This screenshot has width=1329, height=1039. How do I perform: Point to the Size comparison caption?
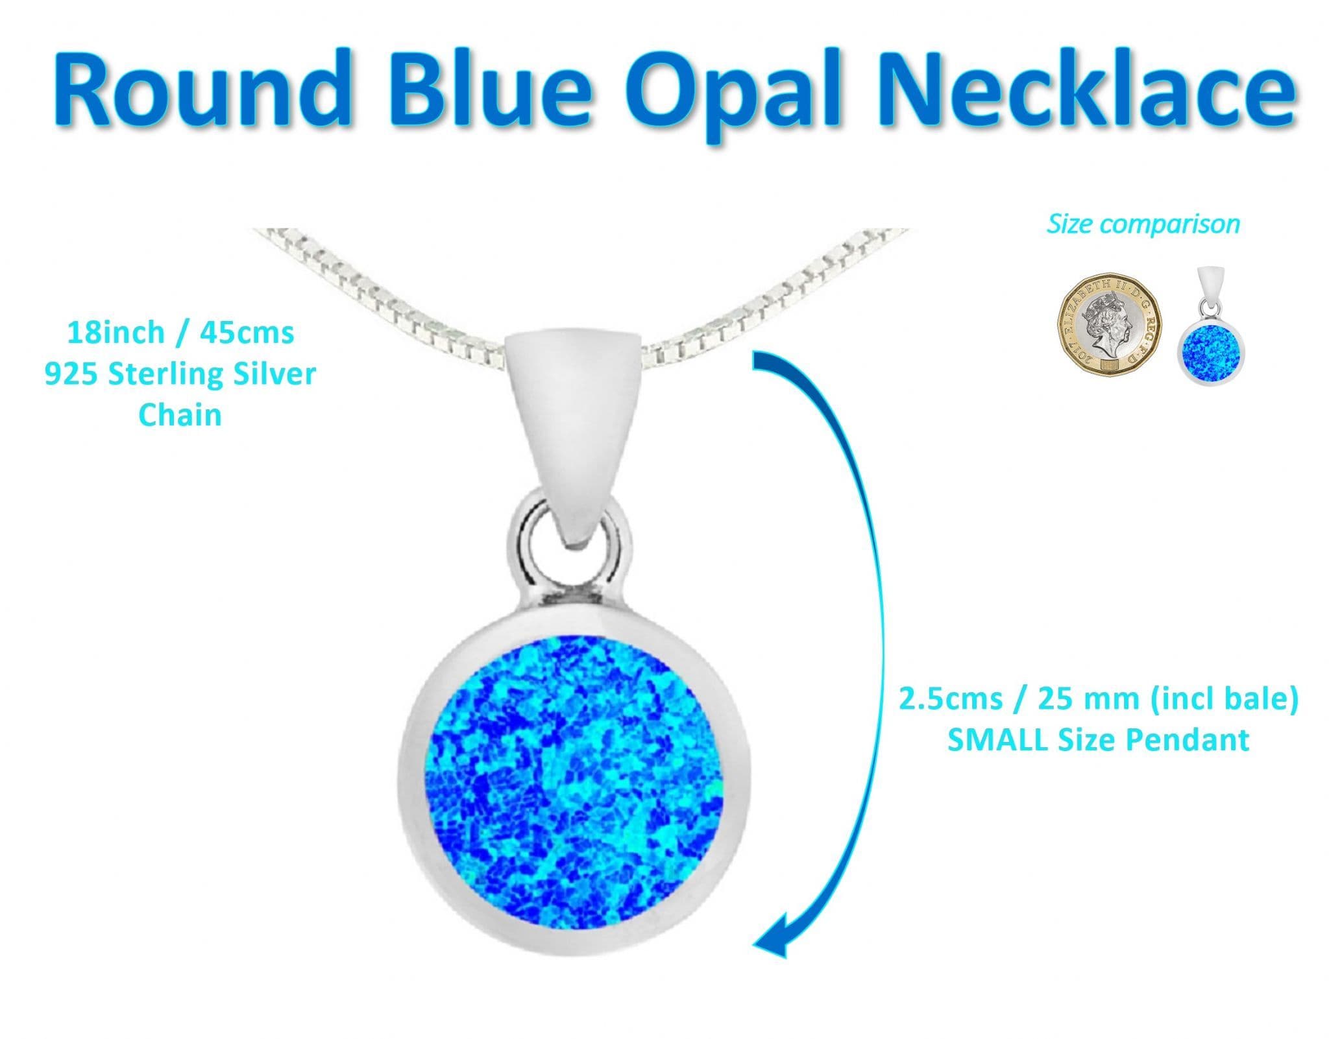1143,224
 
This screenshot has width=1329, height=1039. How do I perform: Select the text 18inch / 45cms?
180,333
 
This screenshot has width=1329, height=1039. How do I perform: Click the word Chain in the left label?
180,416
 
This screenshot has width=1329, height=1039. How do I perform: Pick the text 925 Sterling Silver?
180,375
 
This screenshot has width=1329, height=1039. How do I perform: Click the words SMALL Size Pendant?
1098,740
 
